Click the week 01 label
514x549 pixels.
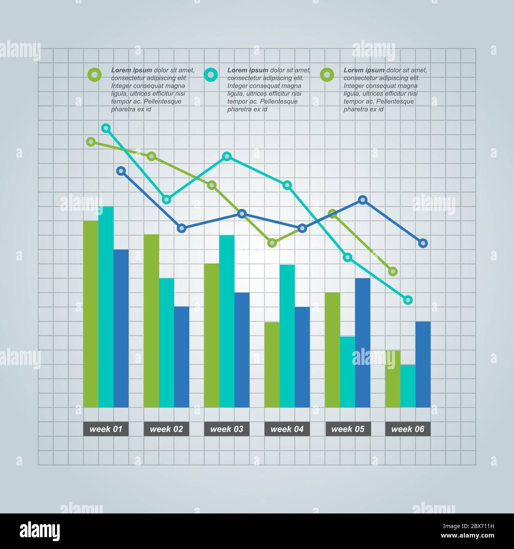[x=106, y=429]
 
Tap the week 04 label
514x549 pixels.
[x=287, y=429]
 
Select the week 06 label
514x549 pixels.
[x=408, y=429]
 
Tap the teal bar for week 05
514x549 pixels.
[x=348, y=372]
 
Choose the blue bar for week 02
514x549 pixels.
[x=181, y=357]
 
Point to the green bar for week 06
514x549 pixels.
[x=393, y=379]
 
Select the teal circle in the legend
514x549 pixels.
[x=211, y=74]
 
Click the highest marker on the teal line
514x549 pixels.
[x=106, y=128]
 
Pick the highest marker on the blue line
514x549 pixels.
[x=121, y=171]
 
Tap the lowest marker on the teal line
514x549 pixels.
[x=408, y=300]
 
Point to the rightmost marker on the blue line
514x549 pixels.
[x=423, y=243]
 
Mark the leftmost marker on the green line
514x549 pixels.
[x=91, y=142]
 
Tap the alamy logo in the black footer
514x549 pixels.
[x=40, y=531]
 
